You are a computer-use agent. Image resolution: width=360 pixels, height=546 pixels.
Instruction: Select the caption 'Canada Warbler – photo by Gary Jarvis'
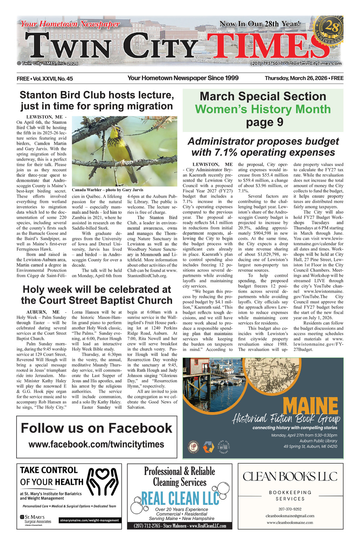(x=107, y=190)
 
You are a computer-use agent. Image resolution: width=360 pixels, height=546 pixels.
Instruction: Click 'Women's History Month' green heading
(x=263, y=109)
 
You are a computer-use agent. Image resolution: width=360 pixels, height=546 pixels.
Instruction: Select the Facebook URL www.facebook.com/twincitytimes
(x=96, y=444)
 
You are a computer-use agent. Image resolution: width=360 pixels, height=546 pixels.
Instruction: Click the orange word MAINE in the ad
(x=310, y=406)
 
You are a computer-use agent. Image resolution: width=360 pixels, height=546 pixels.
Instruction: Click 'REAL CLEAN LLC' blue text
(x=180, y=498)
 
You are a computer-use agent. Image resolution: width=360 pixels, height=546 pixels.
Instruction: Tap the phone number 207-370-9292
(x=290, y=509)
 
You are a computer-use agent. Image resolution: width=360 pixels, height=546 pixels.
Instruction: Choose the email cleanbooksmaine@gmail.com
(x=290, y=516)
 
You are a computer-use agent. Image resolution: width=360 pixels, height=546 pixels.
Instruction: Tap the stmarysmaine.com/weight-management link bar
(x=89, y=520)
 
